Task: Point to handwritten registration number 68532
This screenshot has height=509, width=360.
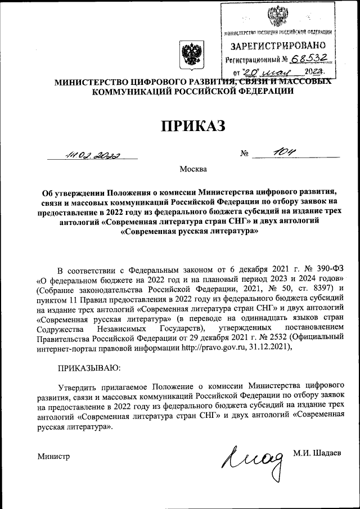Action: (x=310, y=58)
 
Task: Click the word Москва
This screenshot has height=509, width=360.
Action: (x=193, y=169)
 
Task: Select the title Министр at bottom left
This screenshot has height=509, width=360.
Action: (x=53, y=456)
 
